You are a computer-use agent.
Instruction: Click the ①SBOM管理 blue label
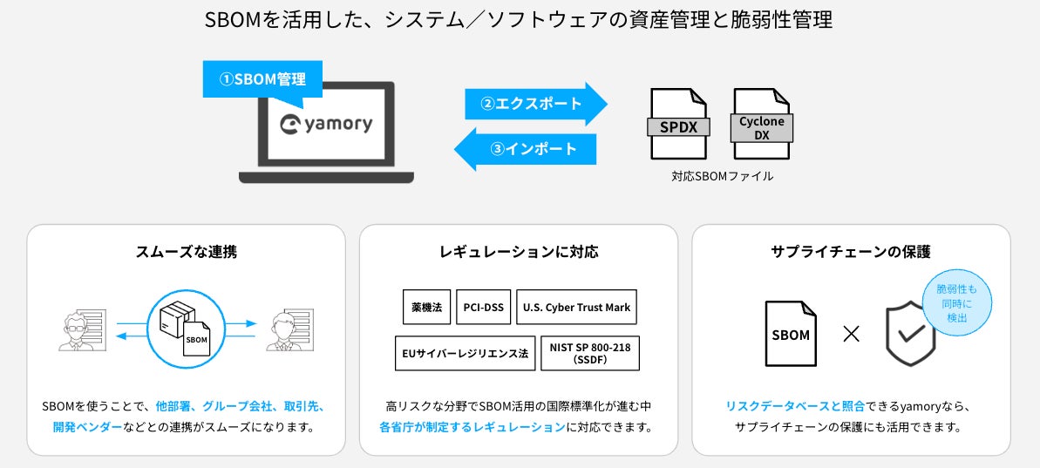pos(262,79)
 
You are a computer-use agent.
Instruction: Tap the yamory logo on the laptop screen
pos(327,124)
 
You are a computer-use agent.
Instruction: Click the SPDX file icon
pos(677,124)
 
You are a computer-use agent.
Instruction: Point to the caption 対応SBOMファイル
pos(722,176)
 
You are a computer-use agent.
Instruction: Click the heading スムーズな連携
pos(186,252)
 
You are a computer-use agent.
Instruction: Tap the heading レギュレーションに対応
pos(519,252)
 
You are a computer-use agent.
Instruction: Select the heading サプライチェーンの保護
pos(851,252)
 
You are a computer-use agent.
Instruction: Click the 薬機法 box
pos(427,307)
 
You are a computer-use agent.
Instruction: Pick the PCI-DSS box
pos(484,307)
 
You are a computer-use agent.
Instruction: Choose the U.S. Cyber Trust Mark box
pos(576,307)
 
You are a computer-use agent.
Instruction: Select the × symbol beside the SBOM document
pos(851,334)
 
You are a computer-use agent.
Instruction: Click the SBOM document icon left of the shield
pos(791,334)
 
